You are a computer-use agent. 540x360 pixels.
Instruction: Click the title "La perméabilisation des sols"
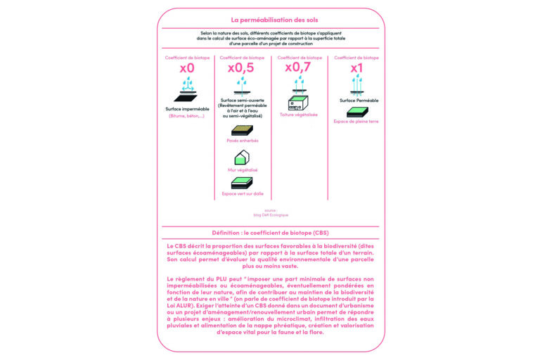click(270, 20)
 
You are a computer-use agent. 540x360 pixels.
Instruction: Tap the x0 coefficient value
click(186, 68)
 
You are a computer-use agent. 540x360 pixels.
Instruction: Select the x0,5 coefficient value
click(241, 68)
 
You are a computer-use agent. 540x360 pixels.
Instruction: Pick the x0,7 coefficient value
click(298, 67)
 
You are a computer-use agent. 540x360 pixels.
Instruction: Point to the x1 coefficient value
click(356, 68)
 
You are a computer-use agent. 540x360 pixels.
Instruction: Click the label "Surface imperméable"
click(187, 109)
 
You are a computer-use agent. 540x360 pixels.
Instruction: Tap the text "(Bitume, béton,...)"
click(186, 116)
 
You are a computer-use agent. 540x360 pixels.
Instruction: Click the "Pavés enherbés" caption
click(242, 141)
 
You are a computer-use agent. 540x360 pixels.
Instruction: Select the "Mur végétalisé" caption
click(242, 169)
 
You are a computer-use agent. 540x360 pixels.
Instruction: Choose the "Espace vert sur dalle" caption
click(242, 193)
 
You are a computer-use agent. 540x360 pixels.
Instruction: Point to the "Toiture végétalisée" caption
click(299, 115)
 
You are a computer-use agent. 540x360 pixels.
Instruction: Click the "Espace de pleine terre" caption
click(356, 121)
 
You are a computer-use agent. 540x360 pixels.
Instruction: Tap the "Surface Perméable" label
click(359, 101)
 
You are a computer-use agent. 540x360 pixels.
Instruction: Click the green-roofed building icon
click(298, 103)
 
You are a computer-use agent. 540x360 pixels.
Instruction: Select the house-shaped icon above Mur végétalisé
click(242, 157)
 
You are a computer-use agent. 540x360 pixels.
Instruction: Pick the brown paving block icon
click(242, 130)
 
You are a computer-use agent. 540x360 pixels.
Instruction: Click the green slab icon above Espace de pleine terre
click(357, 111)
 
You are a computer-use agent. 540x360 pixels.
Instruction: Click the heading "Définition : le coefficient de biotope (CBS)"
click(270, 233)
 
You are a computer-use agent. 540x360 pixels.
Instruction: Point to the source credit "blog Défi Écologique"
click(270, 214)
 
